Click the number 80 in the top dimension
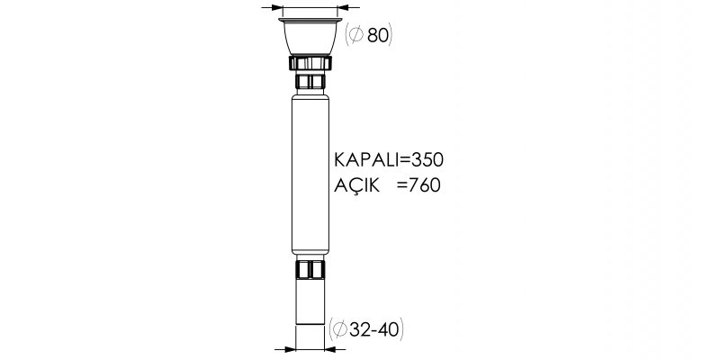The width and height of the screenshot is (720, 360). tap(377, 35)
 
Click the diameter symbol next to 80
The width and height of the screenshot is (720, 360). tap(356, 35)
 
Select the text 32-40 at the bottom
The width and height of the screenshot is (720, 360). tap(373, 329)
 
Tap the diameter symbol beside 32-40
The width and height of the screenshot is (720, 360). tap(339, 329)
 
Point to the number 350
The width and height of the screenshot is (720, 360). tap(427, 160)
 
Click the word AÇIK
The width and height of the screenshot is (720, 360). tap(356, 185)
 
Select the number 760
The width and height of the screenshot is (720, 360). tap(424, 185)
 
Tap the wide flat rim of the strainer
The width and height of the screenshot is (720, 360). tap(310, 20)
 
